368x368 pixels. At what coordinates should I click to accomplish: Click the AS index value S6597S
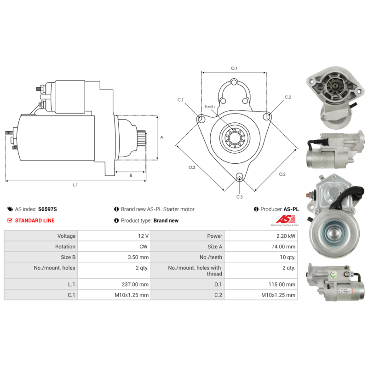click(47, 209)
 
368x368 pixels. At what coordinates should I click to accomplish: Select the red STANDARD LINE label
click(34, 220)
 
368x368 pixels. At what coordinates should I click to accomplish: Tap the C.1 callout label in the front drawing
click(180, 100)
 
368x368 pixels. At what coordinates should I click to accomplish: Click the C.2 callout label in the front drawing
click(288, 97)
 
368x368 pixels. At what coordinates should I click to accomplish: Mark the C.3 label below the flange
click(239, 197)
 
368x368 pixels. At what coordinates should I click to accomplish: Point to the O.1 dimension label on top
click(234, 68)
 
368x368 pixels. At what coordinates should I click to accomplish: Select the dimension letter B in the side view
click(131, 175)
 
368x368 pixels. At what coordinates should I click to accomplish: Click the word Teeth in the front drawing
click(210, 107)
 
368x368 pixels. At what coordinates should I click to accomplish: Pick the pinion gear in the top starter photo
click(333, 86)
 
